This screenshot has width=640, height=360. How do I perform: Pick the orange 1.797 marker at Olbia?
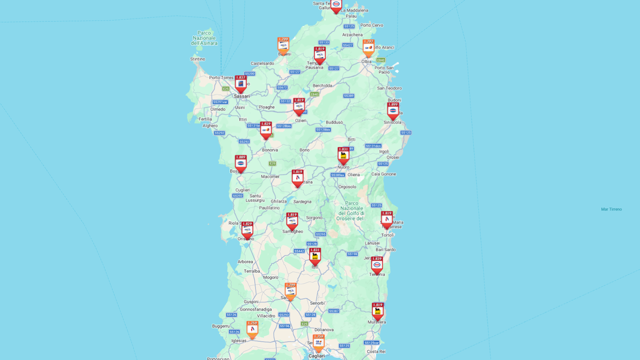coord(368,48)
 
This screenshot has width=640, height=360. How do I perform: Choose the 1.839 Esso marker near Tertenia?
coord(377,265)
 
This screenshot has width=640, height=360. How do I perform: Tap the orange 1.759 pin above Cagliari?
coord(318,342)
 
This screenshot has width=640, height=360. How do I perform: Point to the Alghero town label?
coord(209,126)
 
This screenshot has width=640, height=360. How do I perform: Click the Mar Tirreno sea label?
coord(611,209)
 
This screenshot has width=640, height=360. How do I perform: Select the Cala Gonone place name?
coord(383,174)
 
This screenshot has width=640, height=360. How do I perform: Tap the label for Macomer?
coord(270,176)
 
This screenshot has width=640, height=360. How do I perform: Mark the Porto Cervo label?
coord(372,25)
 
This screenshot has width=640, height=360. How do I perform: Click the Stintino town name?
coord(197,59)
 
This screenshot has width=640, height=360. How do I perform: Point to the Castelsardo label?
coord(262,63)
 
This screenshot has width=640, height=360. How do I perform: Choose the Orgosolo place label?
coord(347,187)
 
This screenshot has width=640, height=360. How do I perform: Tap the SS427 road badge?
coord(347,45)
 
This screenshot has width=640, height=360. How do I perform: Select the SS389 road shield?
coord(348,95)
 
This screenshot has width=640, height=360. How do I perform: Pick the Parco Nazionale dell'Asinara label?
coord(204,38)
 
